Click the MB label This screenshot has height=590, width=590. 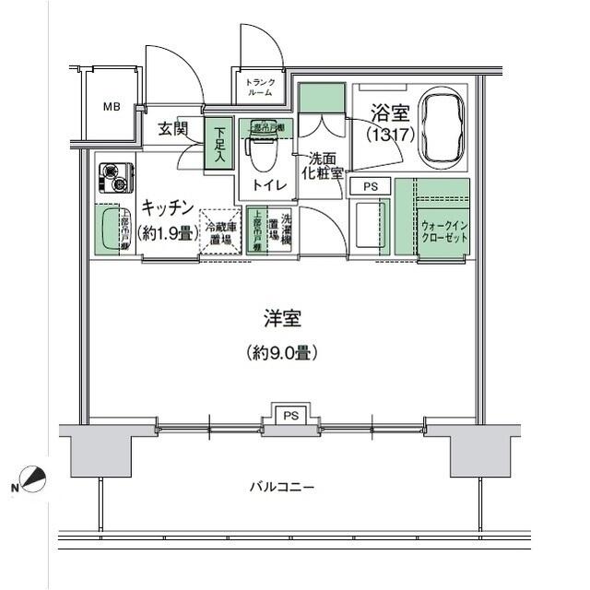pos(111,106)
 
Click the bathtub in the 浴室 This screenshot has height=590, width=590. pos(442,128)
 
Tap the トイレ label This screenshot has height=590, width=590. pos(273,186)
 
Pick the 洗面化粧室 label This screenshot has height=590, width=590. pos(325,165)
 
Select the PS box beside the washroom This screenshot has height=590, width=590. pos(371,186)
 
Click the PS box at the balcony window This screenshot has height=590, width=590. pos(290,415)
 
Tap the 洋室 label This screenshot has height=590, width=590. pos(283,319)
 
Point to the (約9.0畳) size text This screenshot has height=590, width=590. pos(282,351)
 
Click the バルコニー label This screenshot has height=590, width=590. pos(282,486)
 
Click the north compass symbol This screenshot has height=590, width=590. pos(32,480)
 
